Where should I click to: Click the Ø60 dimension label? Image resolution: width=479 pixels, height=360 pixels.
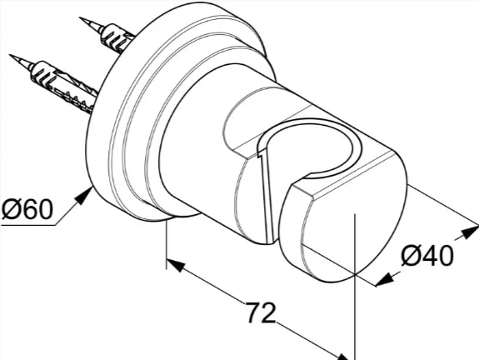tap(27, 208)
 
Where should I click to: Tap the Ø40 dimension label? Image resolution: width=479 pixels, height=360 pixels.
tap(427, 256)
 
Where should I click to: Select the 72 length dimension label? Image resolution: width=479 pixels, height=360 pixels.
tap(261, 312)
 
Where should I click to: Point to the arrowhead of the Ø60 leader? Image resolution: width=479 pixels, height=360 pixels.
tap(85, 196)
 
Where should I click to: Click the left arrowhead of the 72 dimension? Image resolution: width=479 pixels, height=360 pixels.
tap(176, 265)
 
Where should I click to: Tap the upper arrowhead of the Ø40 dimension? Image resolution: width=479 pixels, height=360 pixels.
tap(470, 232)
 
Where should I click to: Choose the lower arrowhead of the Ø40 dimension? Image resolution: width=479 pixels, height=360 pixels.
tap(384, 279)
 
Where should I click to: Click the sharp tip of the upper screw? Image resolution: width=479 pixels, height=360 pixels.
tap(79, 17)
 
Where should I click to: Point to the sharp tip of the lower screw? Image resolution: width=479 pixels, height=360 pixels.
tap(9, 55)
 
